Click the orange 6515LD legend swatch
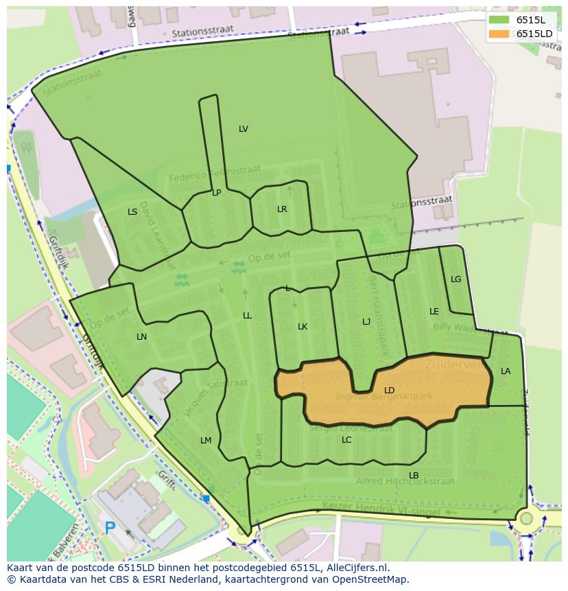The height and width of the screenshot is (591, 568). (499, 34)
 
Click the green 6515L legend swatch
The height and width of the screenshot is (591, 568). (499, 20)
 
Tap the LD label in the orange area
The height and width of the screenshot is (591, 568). (389, 391)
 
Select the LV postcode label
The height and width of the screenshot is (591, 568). (244, 129)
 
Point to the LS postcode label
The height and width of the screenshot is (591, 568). (132, 212)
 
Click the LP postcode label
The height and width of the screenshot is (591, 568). (216, 193)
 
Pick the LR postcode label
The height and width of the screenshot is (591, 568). (282, 209)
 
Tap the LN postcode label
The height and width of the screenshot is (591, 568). (141, 337)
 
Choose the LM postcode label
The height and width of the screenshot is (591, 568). (206, 440)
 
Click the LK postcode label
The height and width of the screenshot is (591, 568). (303, 327)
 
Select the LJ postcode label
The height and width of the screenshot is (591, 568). (366, 322)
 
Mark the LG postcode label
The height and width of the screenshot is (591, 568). (456, 279)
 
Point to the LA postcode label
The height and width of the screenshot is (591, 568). (506, 371)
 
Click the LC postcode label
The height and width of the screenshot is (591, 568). (346, 440)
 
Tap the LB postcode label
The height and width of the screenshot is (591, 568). (414, 476)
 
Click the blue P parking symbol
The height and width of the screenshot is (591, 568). (110, 528)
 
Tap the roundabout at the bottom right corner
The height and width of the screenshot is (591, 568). (526, 518)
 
